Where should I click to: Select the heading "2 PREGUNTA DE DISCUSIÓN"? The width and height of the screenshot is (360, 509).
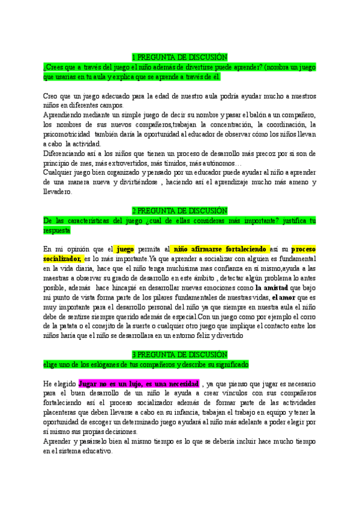coord(180,211)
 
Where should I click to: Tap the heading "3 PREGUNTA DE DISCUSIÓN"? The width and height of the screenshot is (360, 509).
coord(180,355)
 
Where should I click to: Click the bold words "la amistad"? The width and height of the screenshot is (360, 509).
coord(272,288)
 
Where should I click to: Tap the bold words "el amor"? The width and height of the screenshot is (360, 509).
coord(285,297)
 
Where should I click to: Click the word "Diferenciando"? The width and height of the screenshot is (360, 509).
coord(67,154)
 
